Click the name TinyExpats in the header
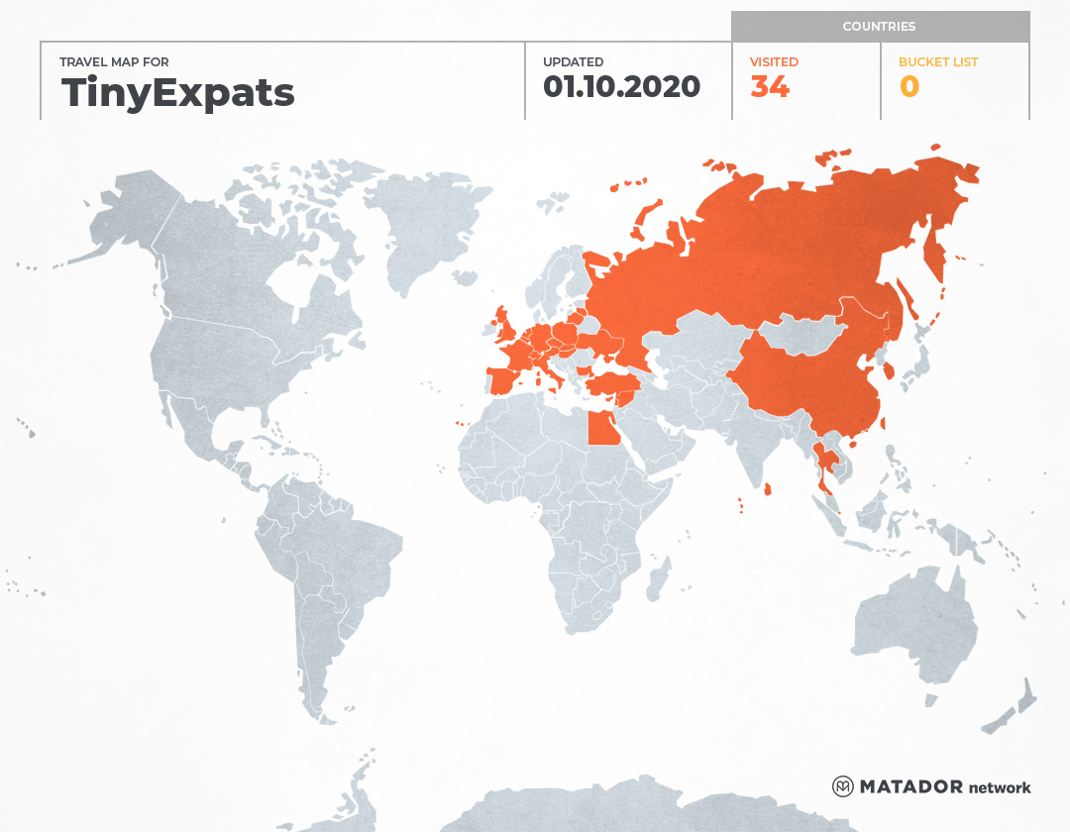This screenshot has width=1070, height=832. [x=178, y=92]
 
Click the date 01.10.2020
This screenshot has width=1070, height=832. [x=621, y=87]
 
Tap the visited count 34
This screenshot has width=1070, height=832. [x=770, y=87]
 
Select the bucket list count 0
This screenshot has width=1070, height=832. [x=909, y=87]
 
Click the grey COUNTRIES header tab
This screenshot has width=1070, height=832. [x=879, y=27]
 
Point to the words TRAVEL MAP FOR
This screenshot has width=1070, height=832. [x=114, y=62]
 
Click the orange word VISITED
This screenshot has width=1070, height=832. [x=774, y=62]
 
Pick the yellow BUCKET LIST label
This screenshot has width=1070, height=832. [x=937, y=62]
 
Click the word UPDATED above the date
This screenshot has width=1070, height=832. [x=573, y=62]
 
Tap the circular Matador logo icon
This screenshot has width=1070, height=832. [x=842, y=786]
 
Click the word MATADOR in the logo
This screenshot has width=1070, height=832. [x=910, y=787]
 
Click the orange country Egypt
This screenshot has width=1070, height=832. [x=602, y=429]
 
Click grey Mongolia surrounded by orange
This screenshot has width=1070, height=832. [x=807, y=333]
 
